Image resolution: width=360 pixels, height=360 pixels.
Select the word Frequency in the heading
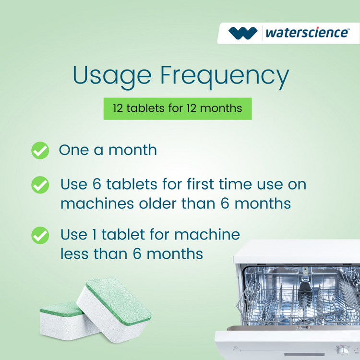224,77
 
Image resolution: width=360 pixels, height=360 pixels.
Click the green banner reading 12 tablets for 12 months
178,108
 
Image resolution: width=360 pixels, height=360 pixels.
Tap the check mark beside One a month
40,150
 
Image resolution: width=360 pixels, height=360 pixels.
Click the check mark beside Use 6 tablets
40,185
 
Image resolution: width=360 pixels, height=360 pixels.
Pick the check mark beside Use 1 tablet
40,235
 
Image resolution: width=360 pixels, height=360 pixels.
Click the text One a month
108,150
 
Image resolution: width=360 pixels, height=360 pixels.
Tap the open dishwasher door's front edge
288,331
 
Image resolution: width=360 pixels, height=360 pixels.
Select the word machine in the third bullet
206,234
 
